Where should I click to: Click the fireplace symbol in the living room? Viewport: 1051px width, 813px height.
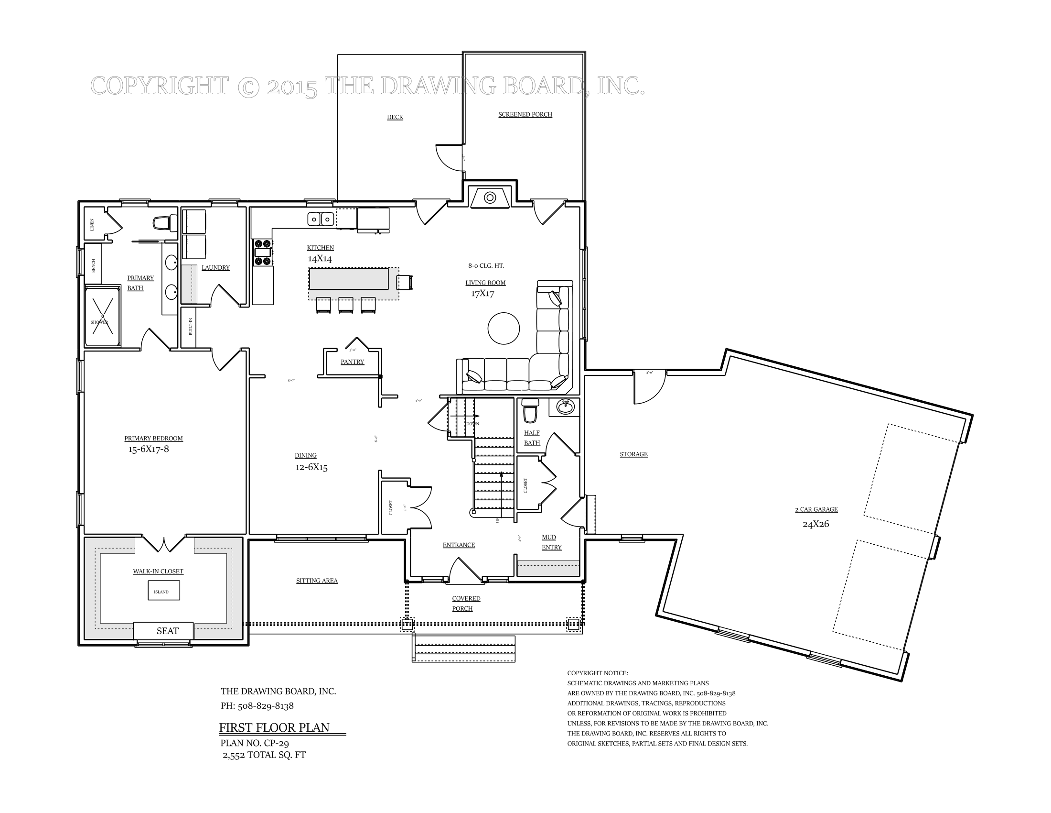pyautogui.click(x=490, y=198)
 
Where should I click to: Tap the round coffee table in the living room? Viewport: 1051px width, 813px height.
pyautogui.click(x=504, y=329)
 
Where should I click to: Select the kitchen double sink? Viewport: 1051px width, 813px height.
pyautogui.click(x=321, y=220)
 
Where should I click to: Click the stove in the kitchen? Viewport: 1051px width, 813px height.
pyautogui.click(x=263, y=253)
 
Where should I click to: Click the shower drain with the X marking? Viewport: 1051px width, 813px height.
pyautogui.click(x=103, y=316)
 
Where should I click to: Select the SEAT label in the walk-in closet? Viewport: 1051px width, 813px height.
pyautogui.click(x=168, y=631)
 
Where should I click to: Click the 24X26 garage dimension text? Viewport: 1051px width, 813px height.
pyautogui.click(x=815, y=524)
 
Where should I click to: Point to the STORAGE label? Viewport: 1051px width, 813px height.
pyautogui.click(x=633, y=454)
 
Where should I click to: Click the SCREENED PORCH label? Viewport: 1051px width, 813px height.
pyautogui.click(x=525, y=115)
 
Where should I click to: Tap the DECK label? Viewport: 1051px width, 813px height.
pyautogui.click(x=395, y=117)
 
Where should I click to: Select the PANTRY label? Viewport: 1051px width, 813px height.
pyautogui.click(x=352, y=362)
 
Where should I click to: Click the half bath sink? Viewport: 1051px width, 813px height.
pyautogui.click(x=565, y=407)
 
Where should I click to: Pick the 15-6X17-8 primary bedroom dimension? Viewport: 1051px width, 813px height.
pyautogui.click(x=148, y=450)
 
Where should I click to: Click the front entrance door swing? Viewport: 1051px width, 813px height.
pyautogui.click(x=464, y=571)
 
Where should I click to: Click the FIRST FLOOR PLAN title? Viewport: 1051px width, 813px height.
pyautogui.click(x=274, y=727)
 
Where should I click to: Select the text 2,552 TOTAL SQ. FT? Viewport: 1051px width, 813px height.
pyautogui.click(x=264, y=755)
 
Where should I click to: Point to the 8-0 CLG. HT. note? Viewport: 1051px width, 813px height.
pyautogui.click(x=485, y=266)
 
